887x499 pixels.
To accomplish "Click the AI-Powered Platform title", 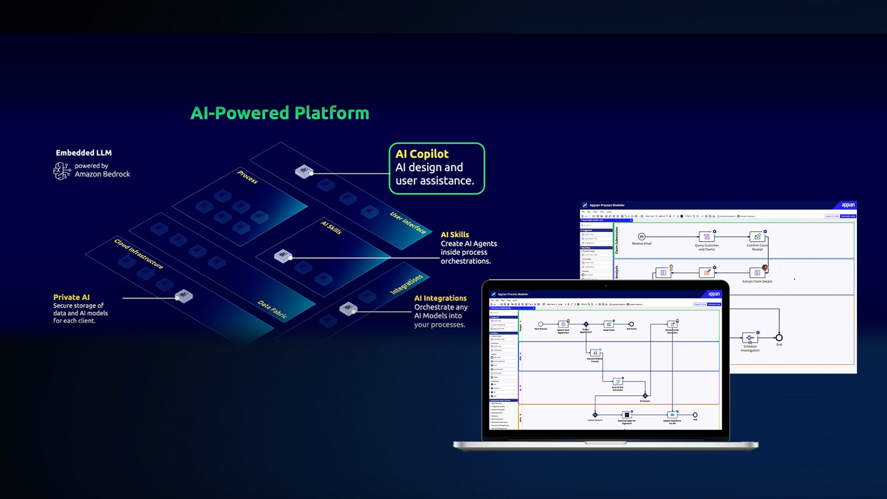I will [x=280, y=113].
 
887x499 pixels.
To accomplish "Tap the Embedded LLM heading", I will [x=84, y=153].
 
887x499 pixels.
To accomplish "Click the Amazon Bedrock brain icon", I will [x=62, y=170].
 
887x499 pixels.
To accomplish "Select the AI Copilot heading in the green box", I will [x=422, y=154].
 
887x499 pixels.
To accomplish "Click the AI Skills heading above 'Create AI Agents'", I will [x=455, y=235].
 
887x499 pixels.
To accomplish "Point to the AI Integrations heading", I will [x=440, y=298].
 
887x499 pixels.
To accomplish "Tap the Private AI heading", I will [x=71, y=297].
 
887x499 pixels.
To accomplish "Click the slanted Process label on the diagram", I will [x=248, y=177].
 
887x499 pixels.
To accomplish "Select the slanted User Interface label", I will [x=408, y=223].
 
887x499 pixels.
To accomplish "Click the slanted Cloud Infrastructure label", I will [x=139, y=254].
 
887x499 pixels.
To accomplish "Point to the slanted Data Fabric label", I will [x=273, y=310].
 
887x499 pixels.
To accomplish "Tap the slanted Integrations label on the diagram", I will [x=407, y=284].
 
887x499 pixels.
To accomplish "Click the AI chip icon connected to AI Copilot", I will [x=304, y=171].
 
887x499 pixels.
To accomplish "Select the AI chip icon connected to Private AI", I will [x=184, y=296].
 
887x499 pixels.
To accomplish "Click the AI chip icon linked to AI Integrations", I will [x=348, y=308].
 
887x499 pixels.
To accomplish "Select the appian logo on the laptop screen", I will [x=714, y=294].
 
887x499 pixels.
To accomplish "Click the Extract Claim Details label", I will [x=757, y=281].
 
